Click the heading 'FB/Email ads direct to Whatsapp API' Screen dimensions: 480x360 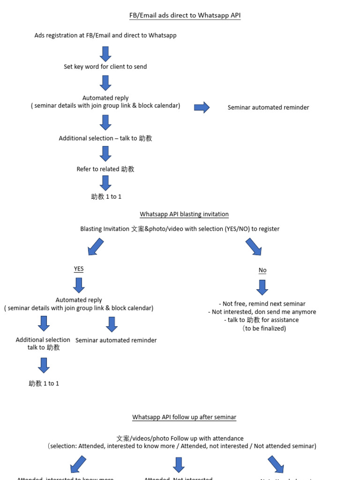(185, 15)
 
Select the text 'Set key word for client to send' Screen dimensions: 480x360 (105, 67)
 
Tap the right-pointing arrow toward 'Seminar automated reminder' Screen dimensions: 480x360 (202, 107)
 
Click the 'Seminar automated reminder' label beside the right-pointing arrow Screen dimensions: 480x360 (268, 107)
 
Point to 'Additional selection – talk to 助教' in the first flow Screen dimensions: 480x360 (105, 138)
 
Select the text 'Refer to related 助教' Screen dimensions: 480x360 (105, 169)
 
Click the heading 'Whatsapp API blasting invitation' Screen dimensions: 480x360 (184, 214)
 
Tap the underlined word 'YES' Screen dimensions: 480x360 (79, 269)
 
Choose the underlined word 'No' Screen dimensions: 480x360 (262, 270)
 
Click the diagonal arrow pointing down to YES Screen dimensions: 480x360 (96, 247)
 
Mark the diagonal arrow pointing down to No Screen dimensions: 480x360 (254, 247)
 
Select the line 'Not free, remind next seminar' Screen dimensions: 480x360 (262, 304)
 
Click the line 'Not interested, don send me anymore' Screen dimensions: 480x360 (262, 312)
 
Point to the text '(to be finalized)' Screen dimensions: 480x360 (264, 328)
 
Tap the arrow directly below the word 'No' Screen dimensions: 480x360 (262, 287)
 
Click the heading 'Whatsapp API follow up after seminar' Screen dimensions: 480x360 (184, 417)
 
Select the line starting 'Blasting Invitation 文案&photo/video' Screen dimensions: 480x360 (180, 229)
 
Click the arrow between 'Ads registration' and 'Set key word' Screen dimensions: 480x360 (105, 54)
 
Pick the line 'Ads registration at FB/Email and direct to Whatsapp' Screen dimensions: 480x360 (105, 36)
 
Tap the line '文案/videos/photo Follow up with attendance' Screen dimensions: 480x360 (180, 438)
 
